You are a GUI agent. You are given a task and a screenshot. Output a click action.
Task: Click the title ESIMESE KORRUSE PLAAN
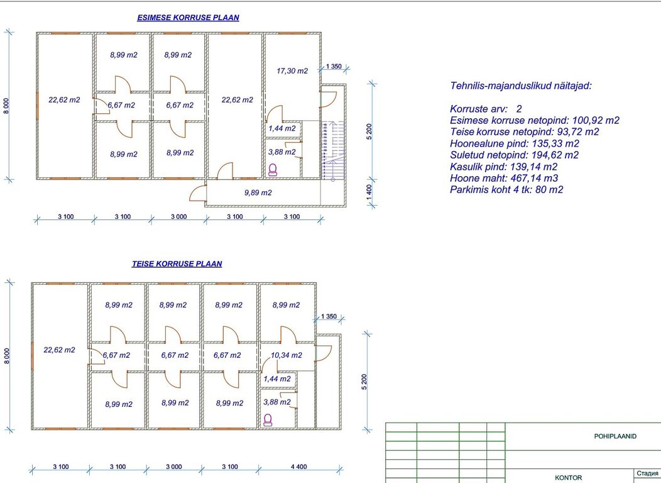click(188, 18)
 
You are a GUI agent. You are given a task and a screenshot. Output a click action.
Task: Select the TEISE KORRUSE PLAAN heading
click(177, 264)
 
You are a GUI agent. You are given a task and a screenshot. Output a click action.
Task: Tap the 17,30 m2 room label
click(292, 71)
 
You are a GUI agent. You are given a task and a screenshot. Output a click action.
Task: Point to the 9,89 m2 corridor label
click(258, 193)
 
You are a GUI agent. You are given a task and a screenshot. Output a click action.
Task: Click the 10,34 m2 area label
click(287, 355)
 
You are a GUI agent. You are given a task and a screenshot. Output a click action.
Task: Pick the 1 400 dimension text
click(369, 193)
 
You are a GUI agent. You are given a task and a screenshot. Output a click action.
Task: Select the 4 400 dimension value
click(299, 467)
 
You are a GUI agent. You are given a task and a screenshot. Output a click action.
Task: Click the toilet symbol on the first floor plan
click(273, 170)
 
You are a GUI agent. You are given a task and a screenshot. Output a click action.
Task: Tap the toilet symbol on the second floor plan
click(268, 419)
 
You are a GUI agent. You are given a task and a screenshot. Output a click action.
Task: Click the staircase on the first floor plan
click(333, 150)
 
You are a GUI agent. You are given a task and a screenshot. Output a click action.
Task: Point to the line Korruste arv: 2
click(486, 109)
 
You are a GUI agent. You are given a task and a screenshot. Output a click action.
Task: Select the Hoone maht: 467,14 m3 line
click(504, 178)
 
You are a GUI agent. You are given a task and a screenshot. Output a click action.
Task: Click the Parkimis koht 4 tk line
click(506, 190)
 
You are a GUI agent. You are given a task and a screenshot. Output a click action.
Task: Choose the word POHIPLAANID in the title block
click(615, 436)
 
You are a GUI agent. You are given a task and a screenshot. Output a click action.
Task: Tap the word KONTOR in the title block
click(568, 477)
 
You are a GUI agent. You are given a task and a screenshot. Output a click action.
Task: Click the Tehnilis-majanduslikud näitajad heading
click(521, 86)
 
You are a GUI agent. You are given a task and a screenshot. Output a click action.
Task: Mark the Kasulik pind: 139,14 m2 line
click(503, 167)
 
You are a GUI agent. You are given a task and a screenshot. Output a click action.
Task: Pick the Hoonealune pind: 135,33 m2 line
click(515, 143)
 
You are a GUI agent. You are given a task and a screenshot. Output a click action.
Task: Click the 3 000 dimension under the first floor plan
click(178, 216)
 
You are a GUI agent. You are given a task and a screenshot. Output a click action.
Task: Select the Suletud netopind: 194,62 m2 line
click(515, 155)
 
